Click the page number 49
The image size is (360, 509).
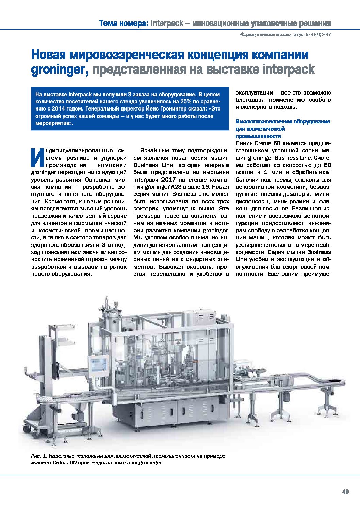coord(345,492)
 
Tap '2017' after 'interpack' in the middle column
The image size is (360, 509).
coord(169,179)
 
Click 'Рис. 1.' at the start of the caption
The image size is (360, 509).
coord(39,456)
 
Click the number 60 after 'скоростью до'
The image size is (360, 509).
coord(327,165)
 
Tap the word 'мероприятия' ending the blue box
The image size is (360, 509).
coord(54,123)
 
